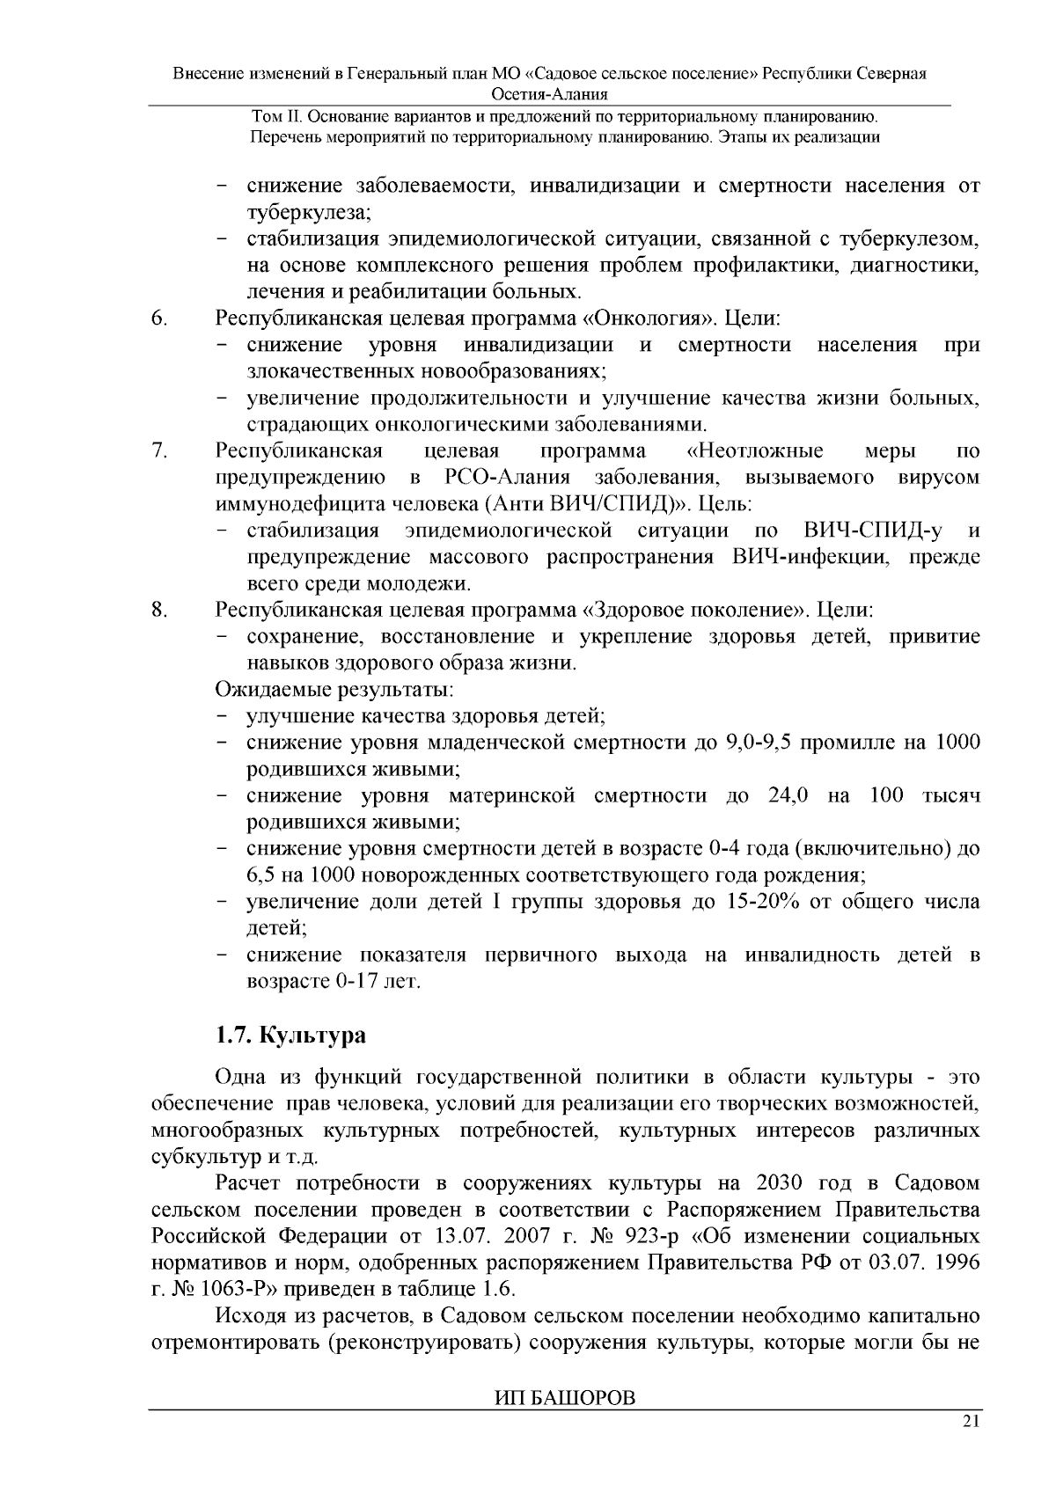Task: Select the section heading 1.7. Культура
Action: click(290, 1035)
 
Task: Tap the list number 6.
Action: click(159, 318)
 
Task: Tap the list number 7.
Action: click(159, 451)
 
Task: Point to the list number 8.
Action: click(159, 610)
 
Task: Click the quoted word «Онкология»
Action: click(647, 318)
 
